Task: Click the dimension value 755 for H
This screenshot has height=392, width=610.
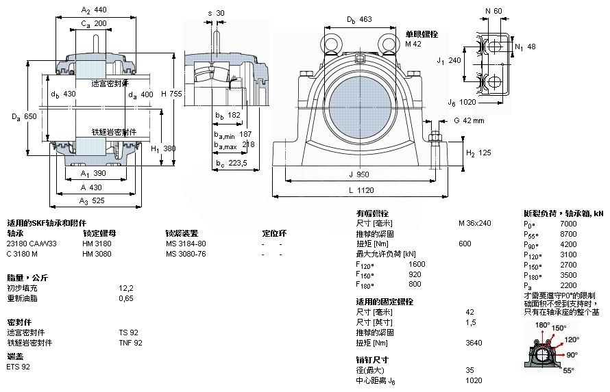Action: point(176,94)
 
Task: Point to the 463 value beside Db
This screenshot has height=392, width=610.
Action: point(365,19)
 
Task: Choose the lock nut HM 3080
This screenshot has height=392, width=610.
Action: point(97,254)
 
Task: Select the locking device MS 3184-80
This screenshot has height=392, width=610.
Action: point(186,244)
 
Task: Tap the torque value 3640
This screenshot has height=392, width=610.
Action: point(473,343)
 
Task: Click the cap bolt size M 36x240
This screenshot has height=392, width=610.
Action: point(474,224)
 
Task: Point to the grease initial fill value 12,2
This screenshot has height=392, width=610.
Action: point(126,288)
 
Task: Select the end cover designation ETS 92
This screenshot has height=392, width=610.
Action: point(19,367)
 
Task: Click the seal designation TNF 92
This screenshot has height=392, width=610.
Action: point(130,343)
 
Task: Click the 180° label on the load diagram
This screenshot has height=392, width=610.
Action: point(543,325)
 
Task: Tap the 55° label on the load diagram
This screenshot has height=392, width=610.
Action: point(569,371)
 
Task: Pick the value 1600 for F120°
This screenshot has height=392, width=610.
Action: point(417,264)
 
